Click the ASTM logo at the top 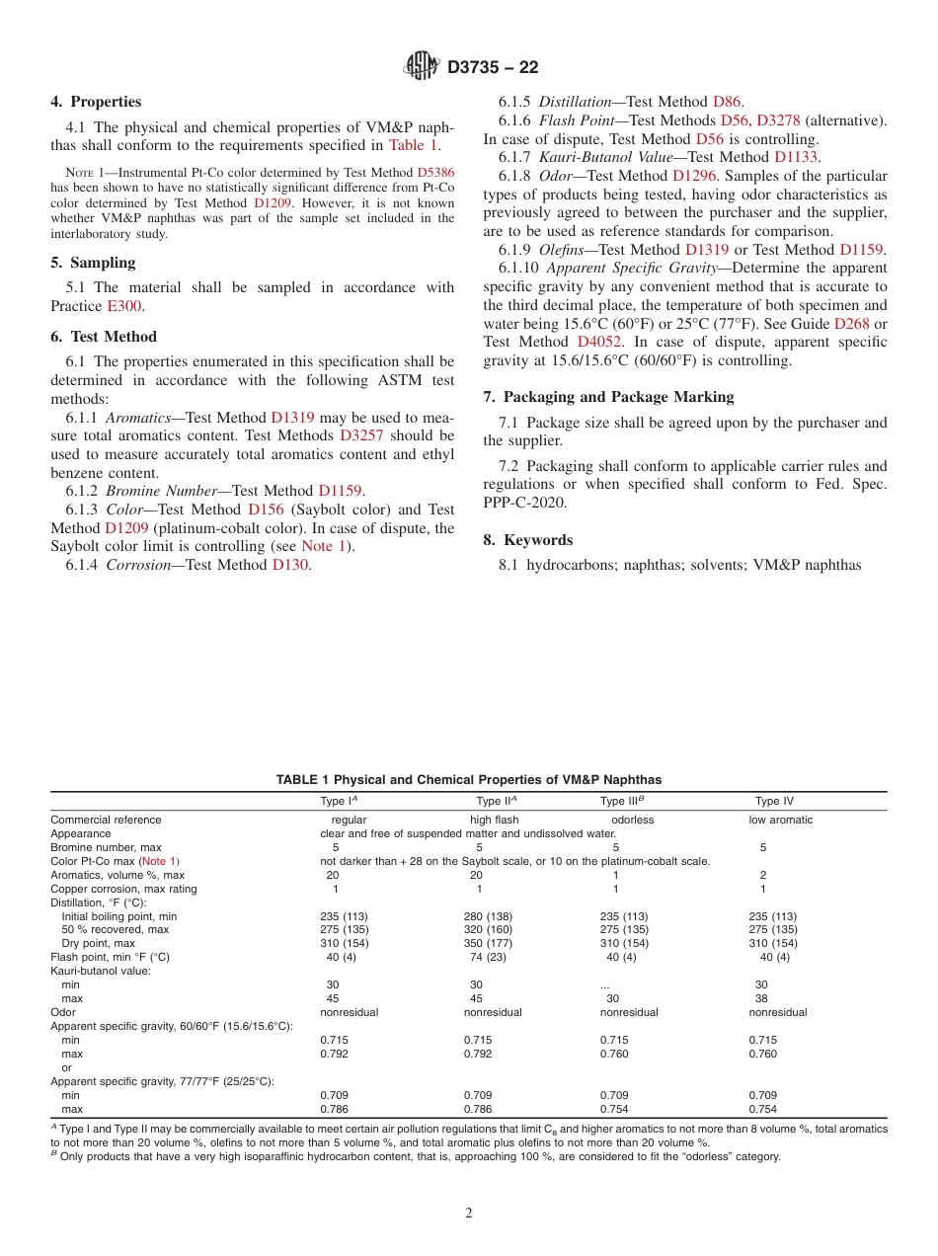click(422, 66)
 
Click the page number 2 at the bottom click(469, 1214)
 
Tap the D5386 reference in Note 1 click(435, 171)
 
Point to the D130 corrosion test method click(290, 565)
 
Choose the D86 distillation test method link click(728, 102)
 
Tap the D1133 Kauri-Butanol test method click(796, 157)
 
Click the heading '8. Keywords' click(527, 540)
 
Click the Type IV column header click(774, 802)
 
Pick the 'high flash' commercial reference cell click(494, 820)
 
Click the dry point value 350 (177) click(488, 943)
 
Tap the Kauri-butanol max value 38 click(760, 998)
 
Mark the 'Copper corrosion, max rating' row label click(123, 889)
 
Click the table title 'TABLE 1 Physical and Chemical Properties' click(469, 780)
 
